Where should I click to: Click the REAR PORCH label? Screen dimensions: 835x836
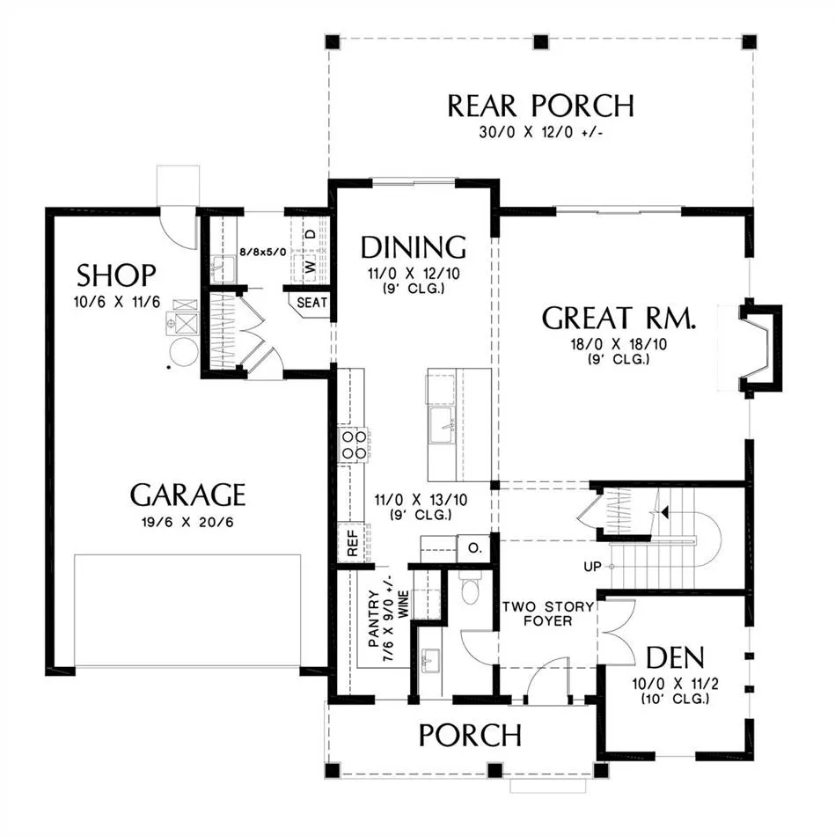(540, 106)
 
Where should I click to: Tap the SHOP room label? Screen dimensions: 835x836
(116, 275)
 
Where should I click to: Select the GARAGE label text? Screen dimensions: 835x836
(187, 495)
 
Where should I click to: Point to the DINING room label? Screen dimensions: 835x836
(414, 247)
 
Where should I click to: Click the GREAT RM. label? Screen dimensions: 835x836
(619, 318)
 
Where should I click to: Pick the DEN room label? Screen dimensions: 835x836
(675, 658)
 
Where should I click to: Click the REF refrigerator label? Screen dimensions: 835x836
(353, 543)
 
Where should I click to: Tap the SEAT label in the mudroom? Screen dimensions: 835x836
(312, 303)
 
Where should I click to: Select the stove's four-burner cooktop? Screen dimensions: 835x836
(355, 445)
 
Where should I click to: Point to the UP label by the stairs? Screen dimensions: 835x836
(592, 567)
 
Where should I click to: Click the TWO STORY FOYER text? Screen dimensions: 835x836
(548, 613)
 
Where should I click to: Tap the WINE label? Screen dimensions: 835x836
(404, 604)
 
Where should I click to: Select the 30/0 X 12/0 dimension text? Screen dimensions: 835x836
(540, 132)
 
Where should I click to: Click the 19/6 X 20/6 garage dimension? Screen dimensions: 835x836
(187, 522)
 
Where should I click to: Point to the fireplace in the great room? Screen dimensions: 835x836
(760, 348)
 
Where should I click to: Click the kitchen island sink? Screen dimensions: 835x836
(442, 425)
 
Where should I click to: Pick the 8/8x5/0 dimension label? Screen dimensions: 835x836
(263, 252)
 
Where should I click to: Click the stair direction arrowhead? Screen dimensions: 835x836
(664, 512)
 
